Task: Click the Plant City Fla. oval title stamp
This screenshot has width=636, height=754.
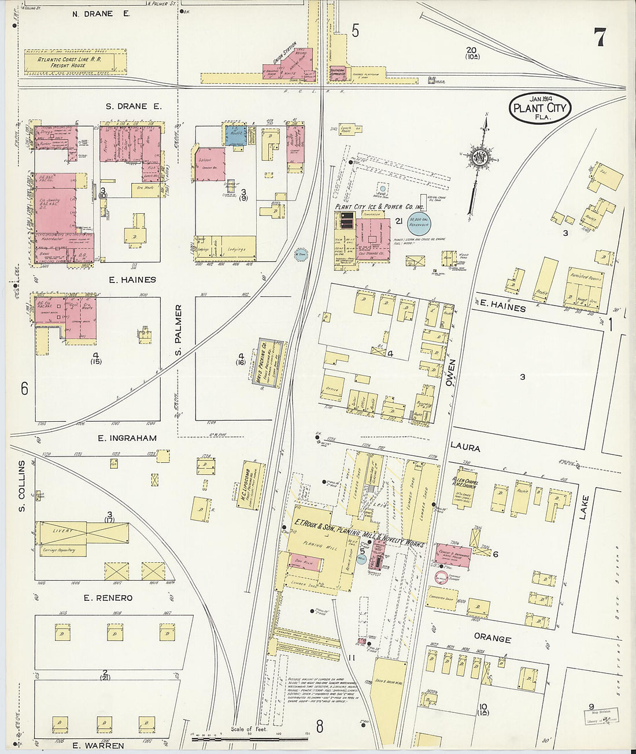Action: pos(540,107)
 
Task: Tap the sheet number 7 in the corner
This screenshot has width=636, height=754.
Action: pos(599,38)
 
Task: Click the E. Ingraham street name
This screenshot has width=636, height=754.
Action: pos(127,438)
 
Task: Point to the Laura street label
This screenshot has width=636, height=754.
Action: pos(465,447)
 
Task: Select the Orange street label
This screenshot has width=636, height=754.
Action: pos(493,639)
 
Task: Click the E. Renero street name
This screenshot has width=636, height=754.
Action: pos(108,598)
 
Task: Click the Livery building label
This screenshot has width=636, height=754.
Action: pos(62,530)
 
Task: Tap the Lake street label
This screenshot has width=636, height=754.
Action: pos(584,507)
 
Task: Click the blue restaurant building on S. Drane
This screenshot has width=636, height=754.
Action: pos(235,135)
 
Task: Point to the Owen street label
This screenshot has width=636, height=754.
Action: pos(450,373)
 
